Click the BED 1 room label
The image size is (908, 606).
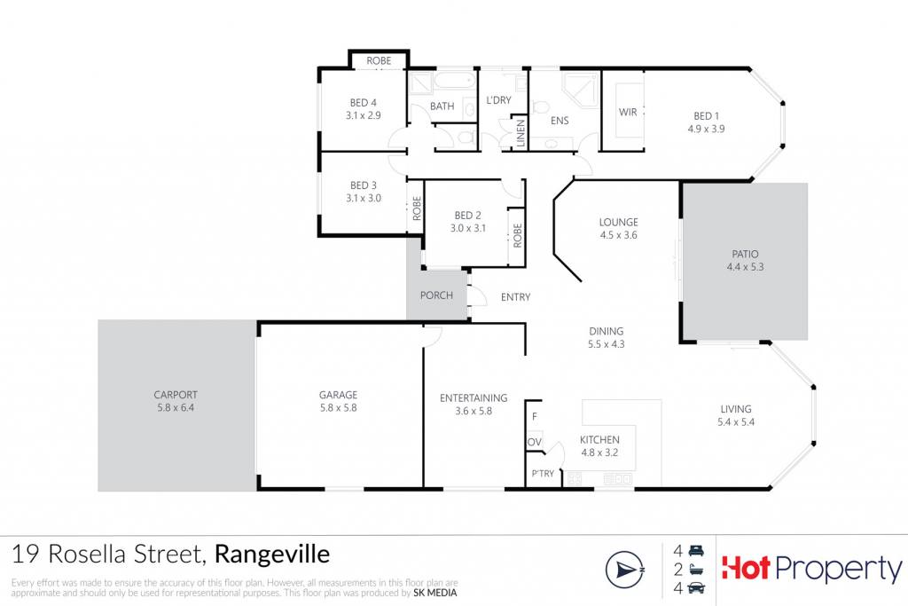[x=706, y=116]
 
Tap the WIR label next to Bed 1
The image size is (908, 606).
[x=628, y=112]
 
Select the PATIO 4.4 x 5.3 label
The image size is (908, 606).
[x=745, y=261]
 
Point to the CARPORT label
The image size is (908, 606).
[x=176, y=395]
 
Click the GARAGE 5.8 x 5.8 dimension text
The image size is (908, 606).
[x=338, y=408]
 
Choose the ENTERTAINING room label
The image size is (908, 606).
[x=474, y=398]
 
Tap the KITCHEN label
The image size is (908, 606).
[x=599, y=440]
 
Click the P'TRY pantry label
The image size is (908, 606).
[x=543, y=473]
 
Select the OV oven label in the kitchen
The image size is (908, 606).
[x=534, y=442]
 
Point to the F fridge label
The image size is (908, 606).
[x=534, y=416]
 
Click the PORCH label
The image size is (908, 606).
[x=436, y=295]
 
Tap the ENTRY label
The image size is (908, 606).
[x=515, y=297]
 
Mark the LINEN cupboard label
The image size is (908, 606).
[x=521, y=133]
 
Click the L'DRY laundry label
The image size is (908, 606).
[x=498, y=100]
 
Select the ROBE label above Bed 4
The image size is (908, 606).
[x=379, y=61]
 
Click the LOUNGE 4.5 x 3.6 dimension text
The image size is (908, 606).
[x=618, y=235]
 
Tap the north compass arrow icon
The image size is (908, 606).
[x=625, y=571]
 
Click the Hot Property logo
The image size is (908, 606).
[x=811, y=569]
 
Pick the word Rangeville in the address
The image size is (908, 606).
[x=272, y=555]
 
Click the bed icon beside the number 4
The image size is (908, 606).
[x=696, y=550]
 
